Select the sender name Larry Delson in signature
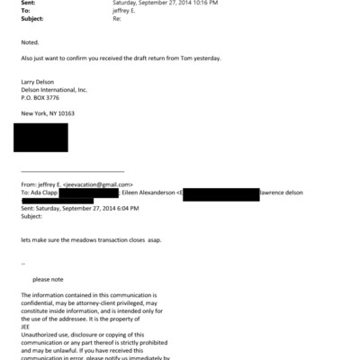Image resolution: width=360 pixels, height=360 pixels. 39,83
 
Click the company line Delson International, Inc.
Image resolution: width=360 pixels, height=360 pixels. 53,92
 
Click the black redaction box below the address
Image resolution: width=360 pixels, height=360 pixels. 40,138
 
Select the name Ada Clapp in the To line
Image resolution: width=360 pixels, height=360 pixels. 44,193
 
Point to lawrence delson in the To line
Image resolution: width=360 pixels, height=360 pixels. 286,193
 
